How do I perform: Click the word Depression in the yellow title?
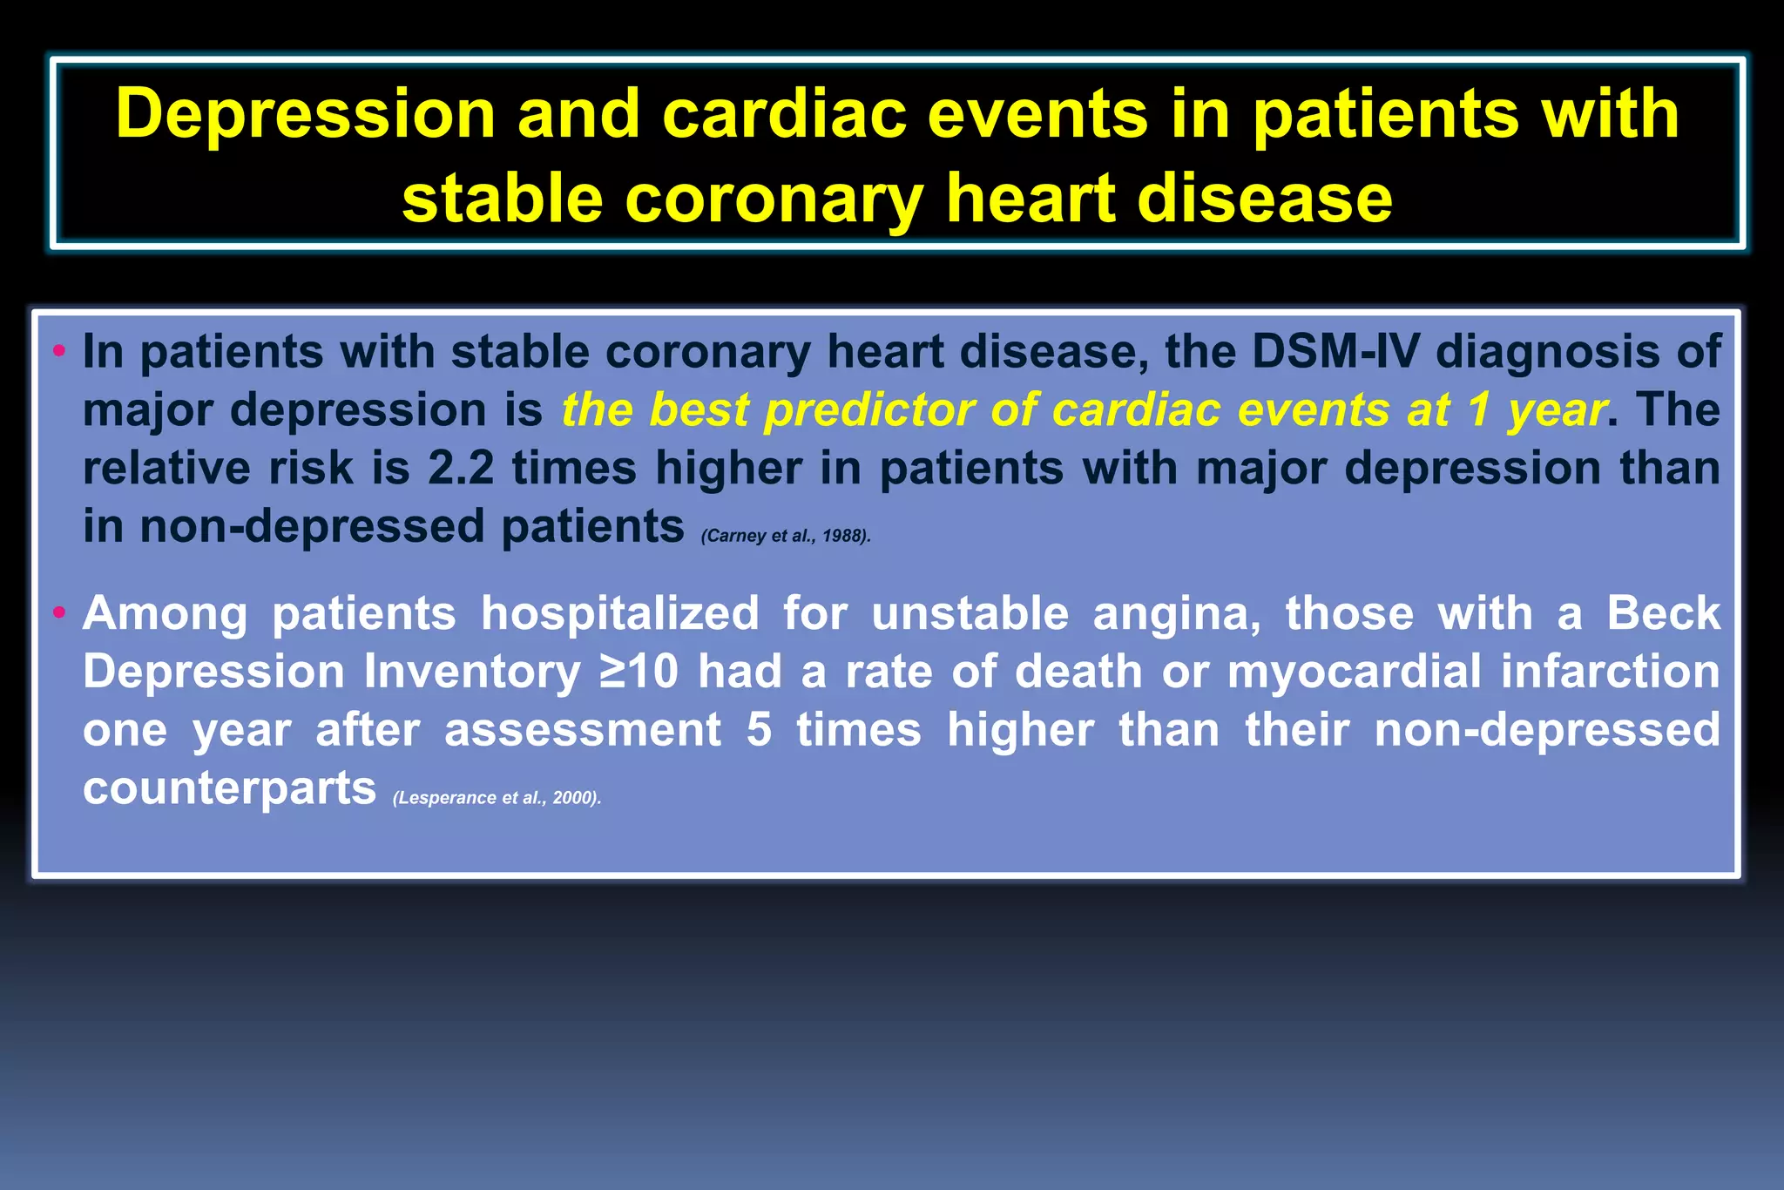coord(305,114)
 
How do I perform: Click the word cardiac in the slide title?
coord(784,114)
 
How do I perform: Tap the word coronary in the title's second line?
coord(774,199)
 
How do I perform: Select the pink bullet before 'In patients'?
coord(59,352)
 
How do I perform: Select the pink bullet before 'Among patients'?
coord(59,613)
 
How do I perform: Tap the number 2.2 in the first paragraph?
coord(461,468)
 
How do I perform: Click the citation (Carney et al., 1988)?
coord(786,536)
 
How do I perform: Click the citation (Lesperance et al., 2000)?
coord(497,798)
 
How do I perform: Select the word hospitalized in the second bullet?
coord(620,613)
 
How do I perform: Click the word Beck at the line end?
coord(1663,613)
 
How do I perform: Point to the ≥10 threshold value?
coord(639,672)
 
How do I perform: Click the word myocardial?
coord(1354,672)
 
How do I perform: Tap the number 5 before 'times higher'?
coord(759,730)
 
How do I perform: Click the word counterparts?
coord(229,788)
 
